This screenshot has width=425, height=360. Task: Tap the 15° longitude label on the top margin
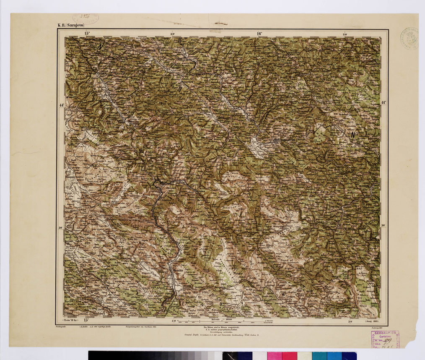pos(87,33)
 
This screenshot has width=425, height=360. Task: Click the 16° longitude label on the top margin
pos(259,33)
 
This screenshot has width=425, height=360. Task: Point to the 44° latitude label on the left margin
pos(61,105)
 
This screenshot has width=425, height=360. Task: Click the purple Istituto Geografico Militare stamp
pos(384,339)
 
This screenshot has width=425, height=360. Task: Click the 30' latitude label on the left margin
pos(61,228)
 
